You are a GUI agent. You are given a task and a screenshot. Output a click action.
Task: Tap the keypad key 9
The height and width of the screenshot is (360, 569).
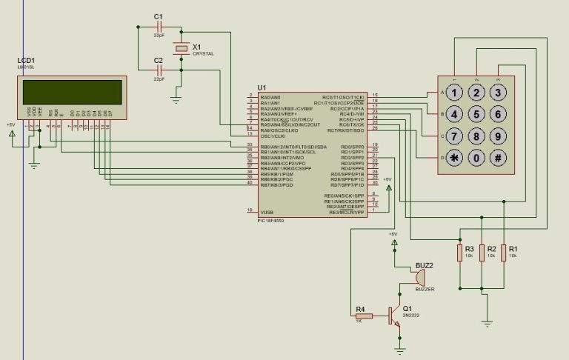click(499, 136)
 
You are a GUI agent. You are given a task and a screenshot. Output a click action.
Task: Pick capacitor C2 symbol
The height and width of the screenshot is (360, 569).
click(159, 70)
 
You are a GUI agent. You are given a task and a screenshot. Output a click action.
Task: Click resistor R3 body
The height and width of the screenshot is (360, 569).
click(460, 253)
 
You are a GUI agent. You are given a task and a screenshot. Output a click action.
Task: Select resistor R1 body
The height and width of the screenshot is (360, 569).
click(504, 253)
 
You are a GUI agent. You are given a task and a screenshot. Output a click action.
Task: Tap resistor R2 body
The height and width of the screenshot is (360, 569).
click(482, 253)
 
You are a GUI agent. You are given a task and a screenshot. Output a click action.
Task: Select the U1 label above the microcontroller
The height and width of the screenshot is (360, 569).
click(262, 87)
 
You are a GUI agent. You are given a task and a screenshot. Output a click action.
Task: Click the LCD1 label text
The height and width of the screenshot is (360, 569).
click(27, 61)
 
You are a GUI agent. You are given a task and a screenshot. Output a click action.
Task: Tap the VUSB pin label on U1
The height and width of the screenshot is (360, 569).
click(267, 210)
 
